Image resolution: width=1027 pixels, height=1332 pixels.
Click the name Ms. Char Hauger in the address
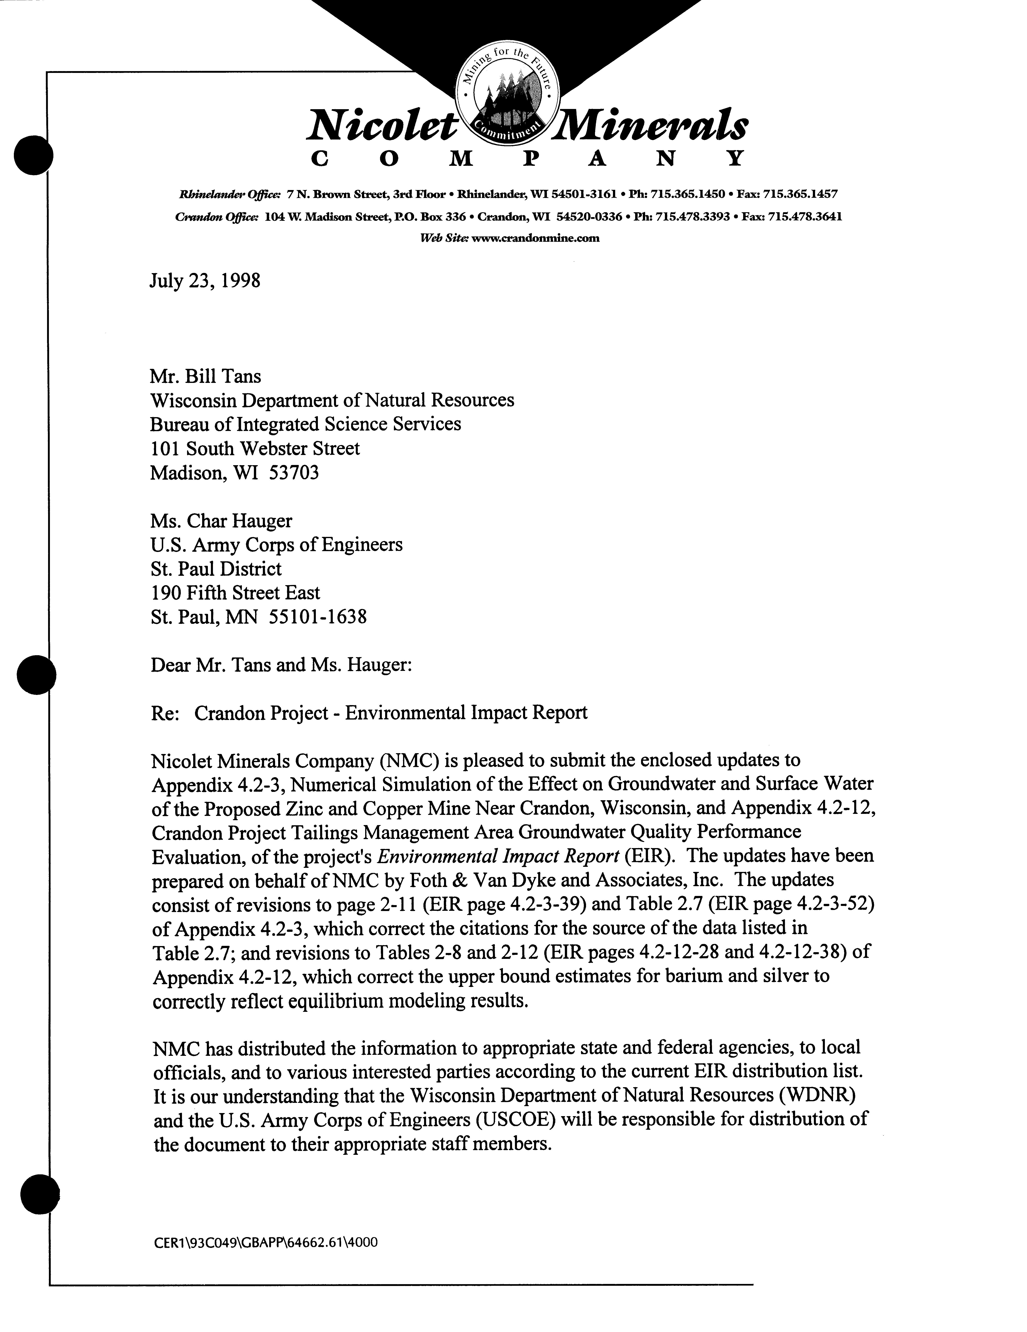click(221, 521)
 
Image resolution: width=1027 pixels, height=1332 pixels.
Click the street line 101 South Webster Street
click(255, 449)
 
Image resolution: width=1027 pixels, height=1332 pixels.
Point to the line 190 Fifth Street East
click(235, 593)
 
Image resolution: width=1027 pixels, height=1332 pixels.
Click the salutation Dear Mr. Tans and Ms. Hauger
click(281, 665)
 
